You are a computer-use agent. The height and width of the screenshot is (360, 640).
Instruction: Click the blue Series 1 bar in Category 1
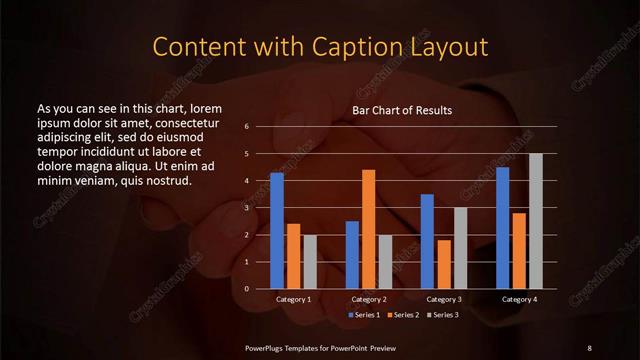pos(277,231)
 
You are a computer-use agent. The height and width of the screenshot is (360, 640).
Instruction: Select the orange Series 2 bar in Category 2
pos(368,229)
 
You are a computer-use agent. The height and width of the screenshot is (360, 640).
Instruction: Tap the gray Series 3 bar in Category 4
pos(535,221)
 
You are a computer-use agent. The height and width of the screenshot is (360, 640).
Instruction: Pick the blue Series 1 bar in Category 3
pos(427,241)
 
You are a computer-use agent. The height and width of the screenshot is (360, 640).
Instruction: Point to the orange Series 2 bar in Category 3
pos(443,264)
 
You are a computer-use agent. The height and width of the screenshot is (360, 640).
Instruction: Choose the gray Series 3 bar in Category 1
pos(309,262)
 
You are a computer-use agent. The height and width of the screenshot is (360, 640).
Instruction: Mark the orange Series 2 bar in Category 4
pos(519,250)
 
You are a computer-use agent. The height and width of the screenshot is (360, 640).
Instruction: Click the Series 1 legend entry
pos(364,315)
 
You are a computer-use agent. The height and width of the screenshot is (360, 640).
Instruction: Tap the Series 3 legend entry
pos(443,315)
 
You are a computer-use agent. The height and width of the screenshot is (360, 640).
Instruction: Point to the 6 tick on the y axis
pos(246,127)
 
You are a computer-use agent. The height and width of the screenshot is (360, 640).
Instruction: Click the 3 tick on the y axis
pos(246,208)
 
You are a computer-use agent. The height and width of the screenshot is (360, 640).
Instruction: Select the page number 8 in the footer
pos(589,347)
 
